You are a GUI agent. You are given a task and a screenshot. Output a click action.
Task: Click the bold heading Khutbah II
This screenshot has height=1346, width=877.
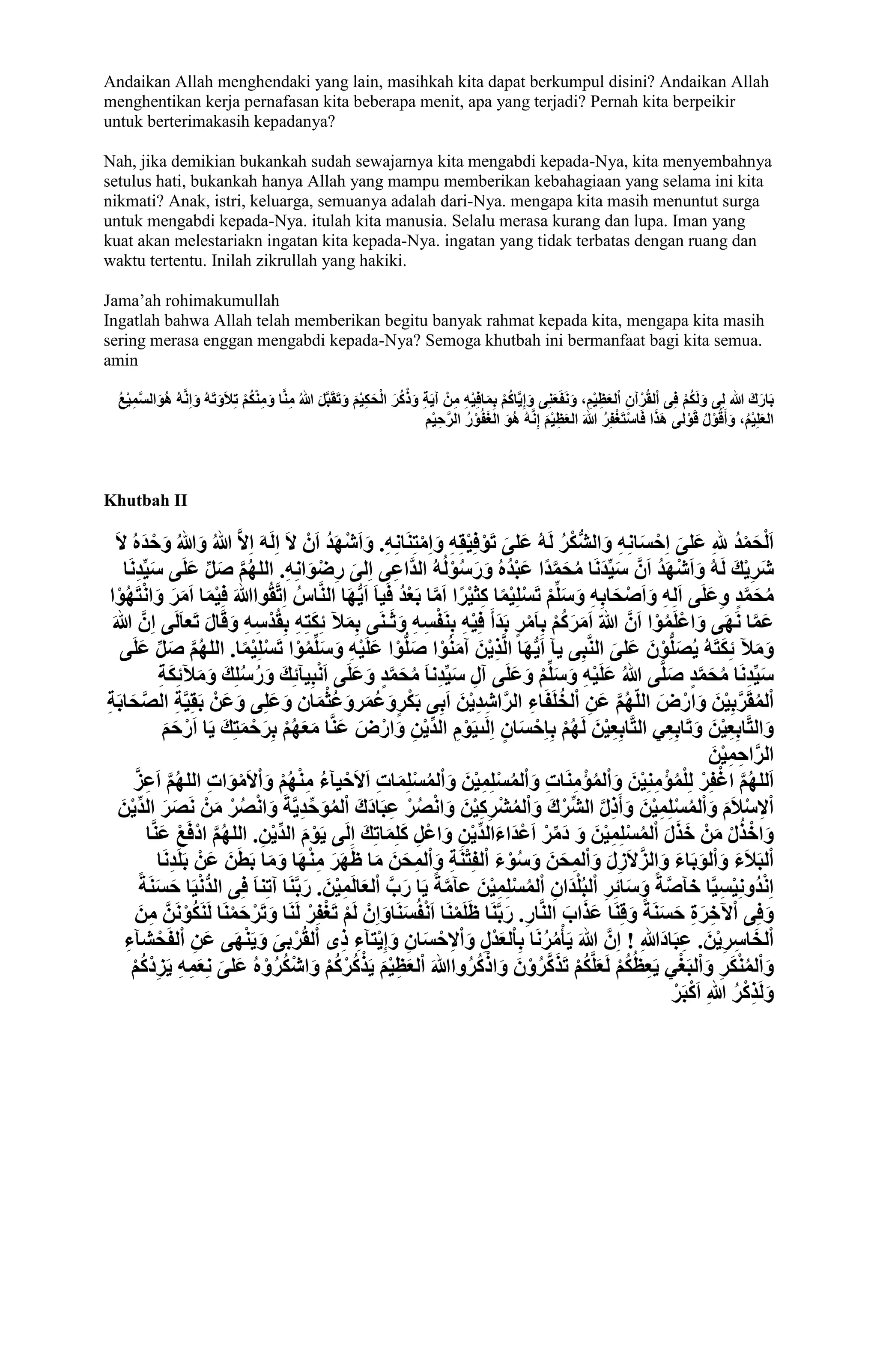(x=145, y=501)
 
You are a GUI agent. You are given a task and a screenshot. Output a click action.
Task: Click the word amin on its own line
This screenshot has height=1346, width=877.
(x=120, y=360)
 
